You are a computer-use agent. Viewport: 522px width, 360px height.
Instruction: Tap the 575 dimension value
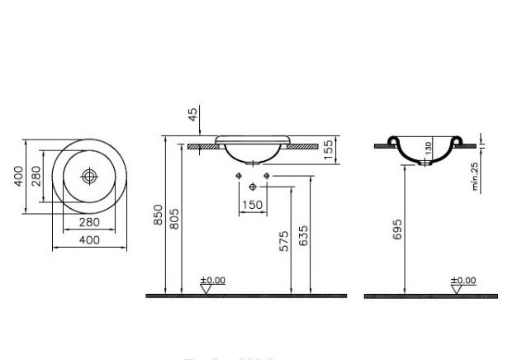coord(284,242)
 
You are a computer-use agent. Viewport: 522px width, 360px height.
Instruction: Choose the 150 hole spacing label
coord(252,205)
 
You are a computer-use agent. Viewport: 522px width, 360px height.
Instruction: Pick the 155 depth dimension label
coord(328,149)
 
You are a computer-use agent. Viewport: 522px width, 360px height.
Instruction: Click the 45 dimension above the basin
coord(194,115)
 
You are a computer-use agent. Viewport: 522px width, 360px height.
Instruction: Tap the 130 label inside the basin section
coord(428,149)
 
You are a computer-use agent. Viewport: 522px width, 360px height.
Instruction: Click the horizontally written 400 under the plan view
coord(88,239)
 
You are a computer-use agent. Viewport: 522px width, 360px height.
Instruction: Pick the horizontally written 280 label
coord(88,222)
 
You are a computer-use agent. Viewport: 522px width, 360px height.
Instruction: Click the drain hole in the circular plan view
coord(88,176)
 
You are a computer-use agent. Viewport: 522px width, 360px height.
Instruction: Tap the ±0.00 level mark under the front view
coord(213,281)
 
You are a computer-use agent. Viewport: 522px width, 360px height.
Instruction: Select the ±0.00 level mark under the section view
coord(463,281)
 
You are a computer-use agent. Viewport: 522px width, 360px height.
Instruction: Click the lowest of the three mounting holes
coord(252,187)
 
